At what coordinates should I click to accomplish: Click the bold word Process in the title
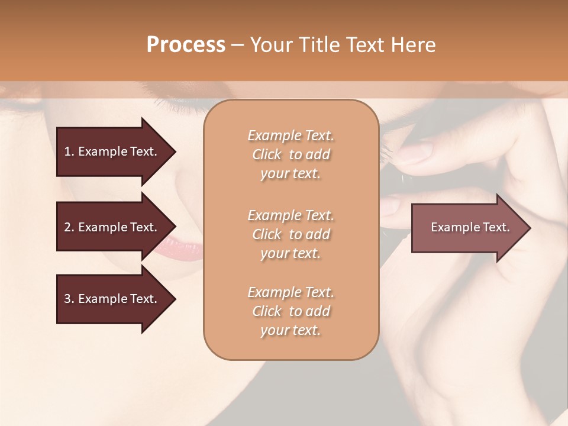[x=186, y=45]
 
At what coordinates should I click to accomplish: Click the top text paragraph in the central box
[x=291, y=154]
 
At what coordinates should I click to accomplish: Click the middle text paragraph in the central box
[x=291, y=234]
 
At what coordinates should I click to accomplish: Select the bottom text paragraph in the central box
[x=291, y=311]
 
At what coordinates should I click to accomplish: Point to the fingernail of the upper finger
[x=416, y=151]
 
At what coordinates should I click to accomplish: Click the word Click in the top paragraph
[x=267, y=154]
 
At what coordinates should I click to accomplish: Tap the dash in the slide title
[x=237, y=45]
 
